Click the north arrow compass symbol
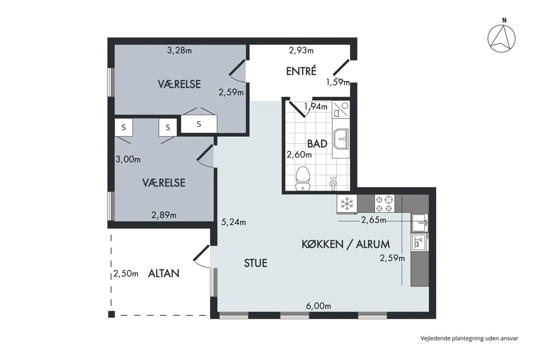point(501,38)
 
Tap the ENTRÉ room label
point(301,71)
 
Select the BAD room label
point(317,143)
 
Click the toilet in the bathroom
point(303,178)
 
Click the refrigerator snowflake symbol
point(347,204)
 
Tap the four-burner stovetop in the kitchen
point(384,204)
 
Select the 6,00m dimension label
point(318,306)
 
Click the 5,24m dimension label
point(233,222)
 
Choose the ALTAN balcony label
point(164,274)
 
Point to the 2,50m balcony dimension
point(125,274)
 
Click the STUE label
point(256,263)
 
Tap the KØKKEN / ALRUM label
point(346,244)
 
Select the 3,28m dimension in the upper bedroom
point(179,50)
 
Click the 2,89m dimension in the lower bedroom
point(164,215)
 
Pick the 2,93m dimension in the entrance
point(301,50)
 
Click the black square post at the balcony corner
point(111,314)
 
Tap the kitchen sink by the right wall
point(420,223)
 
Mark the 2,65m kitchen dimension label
point(374,220)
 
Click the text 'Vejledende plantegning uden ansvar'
point(470,338)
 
